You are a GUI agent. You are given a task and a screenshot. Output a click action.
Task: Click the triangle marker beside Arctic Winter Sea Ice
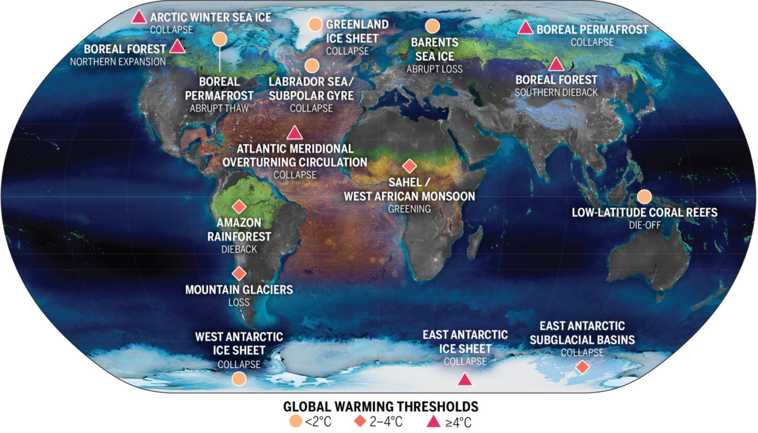pos(139,17)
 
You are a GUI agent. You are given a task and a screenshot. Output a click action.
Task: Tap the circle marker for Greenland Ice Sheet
pos(315,24)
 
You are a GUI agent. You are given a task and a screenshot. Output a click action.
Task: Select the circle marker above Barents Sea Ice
pos(432,26)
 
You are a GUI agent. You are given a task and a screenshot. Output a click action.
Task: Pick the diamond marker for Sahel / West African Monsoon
pos(410,166)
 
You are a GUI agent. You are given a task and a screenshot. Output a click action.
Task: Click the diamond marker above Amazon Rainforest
pos(239,206)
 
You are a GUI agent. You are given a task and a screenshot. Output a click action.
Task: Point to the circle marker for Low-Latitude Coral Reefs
pos(644,196)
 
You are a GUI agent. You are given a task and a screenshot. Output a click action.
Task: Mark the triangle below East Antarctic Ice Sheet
pos(465,380)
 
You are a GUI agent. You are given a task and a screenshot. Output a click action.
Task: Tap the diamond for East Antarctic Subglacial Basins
pos(583,367)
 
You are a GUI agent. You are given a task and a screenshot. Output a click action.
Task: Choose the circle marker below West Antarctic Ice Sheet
pos(239,378)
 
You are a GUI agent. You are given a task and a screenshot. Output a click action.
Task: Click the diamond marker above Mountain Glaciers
pos(239,273)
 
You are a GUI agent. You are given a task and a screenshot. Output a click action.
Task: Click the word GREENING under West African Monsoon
pos(409,208)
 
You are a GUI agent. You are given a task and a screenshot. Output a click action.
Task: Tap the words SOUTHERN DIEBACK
pos(556,92)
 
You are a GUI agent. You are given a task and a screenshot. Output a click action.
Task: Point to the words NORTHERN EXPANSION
pos(117,61)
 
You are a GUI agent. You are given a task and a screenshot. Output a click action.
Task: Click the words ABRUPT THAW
pos(219,108)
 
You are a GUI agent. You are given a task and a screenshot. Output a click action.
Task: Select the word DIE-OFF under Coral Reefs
pos(644,224)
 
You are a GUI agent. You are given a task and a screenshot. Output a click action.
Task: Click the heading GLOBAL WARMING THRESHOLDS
pos(380,406)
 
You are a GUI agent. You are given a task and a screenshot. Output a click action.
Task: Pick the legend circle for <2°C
pos(294,421)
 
